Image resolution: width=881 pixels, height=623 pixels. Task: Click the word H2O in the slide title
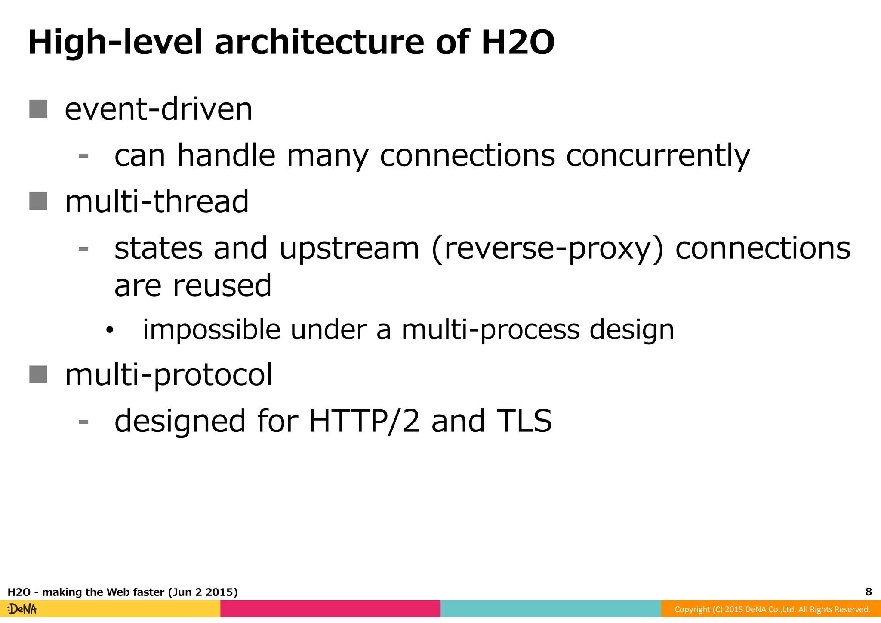coord(518,43)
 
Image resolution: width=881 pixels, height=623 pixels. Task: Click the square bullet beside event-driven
coord(38,109)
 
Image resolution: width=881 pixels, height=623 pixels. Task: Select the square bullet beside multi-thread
coord(38,201)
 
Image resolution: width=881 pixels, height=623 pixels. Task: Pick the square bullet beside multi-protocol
coord(38,374)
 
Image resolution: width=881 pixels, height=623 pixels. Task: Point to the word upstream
coord(349,249)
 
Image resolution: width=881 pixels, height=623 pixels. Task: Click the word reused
coord(222,285)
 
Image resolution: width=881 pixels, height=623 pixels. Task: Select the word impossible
coord(211,330)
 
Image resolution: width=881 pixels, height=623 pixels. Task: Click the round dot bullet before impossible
coord(110,331)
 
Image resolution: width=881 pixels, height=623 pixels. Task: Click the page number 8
coord(868,592)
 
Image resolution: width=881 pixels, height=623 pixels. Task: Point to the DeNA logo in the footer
coord(22,609)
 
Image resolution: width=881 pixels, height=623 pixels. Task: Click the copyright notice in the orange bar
coord(772,609)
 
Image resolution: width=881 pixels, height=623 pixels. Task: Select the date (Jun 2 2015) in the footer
coord(203,592)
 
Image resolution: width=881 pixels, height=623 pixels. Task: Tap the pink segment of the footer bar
coord(330,609)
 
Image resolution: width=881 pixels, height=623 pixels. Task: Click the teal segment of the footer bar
coord(551,609)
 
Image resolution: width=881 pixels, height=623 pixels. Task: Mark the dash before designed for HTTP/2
coord(83,422)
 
